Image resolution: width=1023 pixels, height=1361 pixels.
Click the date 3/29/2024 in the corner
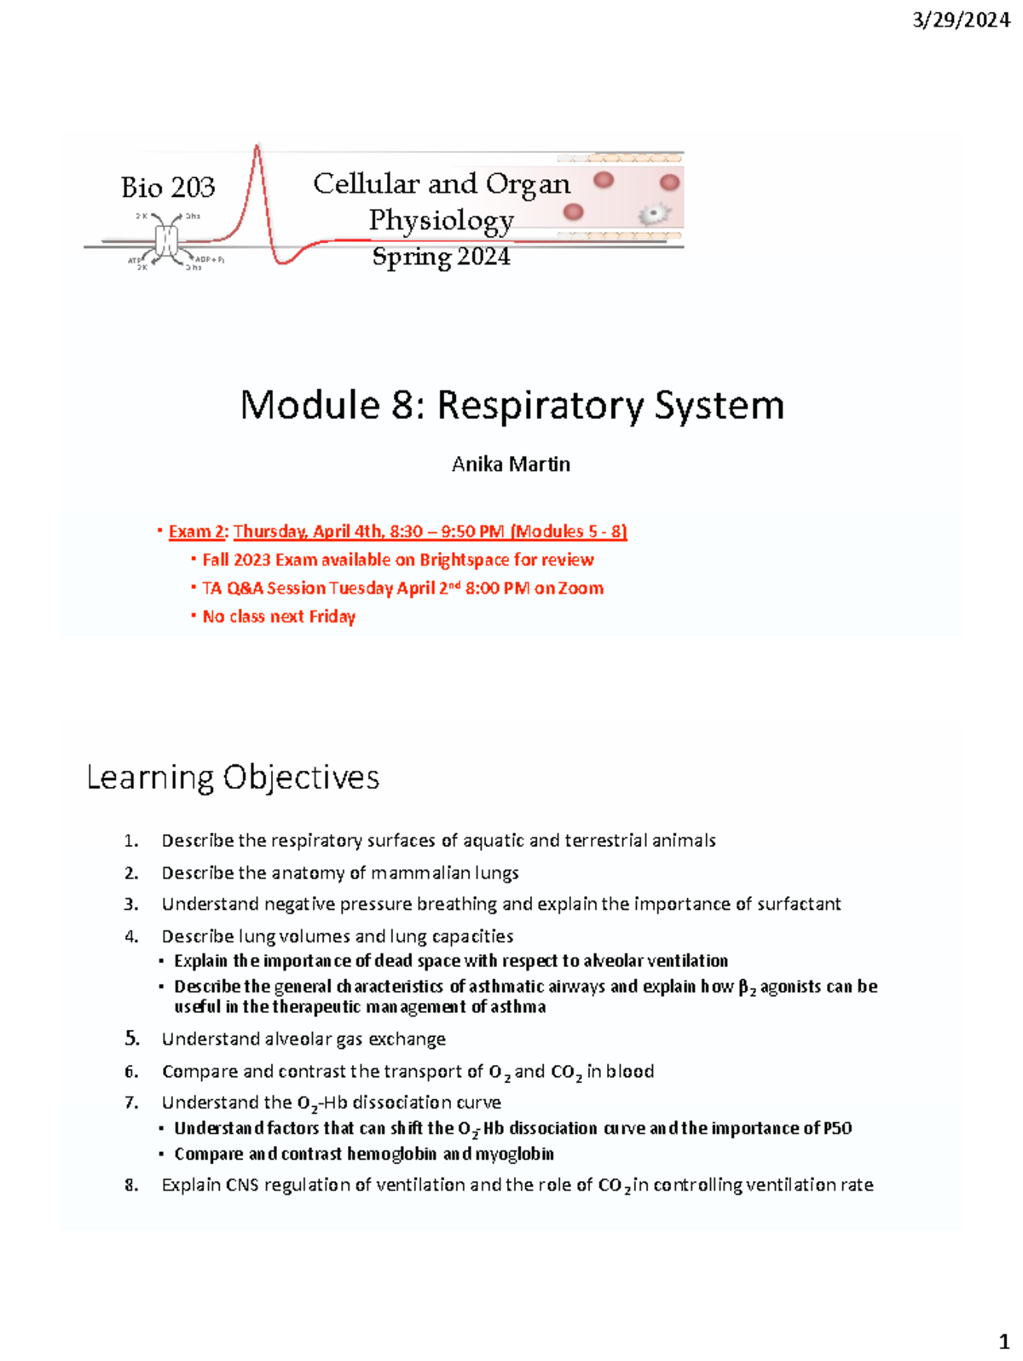pyautogui.click(x=961, y=20)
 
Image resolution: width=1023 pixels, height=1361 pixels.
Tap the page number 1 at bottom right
pyautogui.click(x=1003, y=1341)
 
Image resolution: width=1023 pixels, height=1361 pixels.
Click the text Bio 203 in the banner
pyautogui.click(x=168, y=188)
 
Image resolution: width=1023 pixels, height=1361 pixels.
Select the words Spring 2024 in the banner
pyautogui.click(x=441, y=257)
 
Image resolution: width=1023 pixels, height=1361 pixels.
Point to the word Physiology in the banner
pyautogui.click(x=441, y=220)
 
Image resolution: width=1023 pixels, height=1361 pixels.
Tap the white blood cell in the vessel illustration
pyautogui.click(x=654, y=214)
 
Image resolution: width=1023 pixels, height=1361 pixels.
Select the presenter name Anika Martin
pyautogui.click(x=511, y=464)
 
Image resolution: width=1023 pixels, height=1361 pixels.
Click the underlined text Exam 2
pyautogui.click(x=197, y=531)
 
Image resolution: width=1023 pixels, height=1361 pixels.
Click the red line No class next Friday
pyautogui.click(x=279, y=616)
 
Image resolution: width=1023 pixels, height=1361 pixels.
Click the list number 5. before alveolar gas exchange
pyautogui.click(x=131, y=1039)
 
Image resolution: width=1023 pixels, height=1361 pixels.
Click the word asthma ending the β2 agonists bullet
pyautogui.click(x=518, y=1007)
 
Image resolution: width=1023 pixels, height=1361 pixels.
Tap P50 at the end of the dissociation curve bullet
pyautogui.click(x=838, y=1128)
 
